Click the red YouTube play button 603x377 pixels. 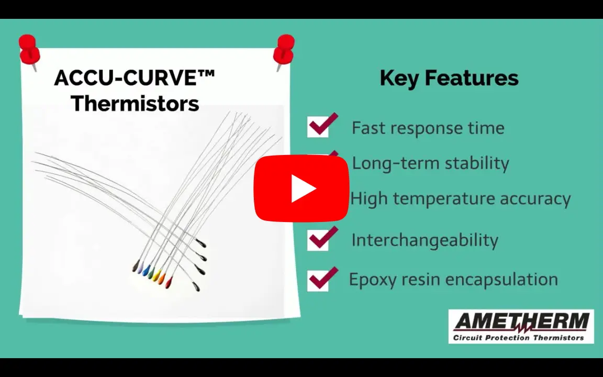click(301, 188)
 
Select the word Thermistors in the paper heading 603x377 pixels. click(135, 104)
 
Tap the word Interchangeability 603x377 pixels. click(425, 240)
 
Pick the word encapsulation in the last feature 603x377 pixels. click(501, 280)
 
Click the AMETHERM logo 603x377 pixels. click(521, 326)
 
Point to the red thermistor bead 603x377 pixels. click(169, 283)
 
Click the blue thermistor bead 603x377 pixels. click(146, 270)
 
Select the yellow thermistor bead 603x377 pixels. click(157, 275)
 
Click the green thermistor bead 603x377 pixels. click(151, 272)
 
